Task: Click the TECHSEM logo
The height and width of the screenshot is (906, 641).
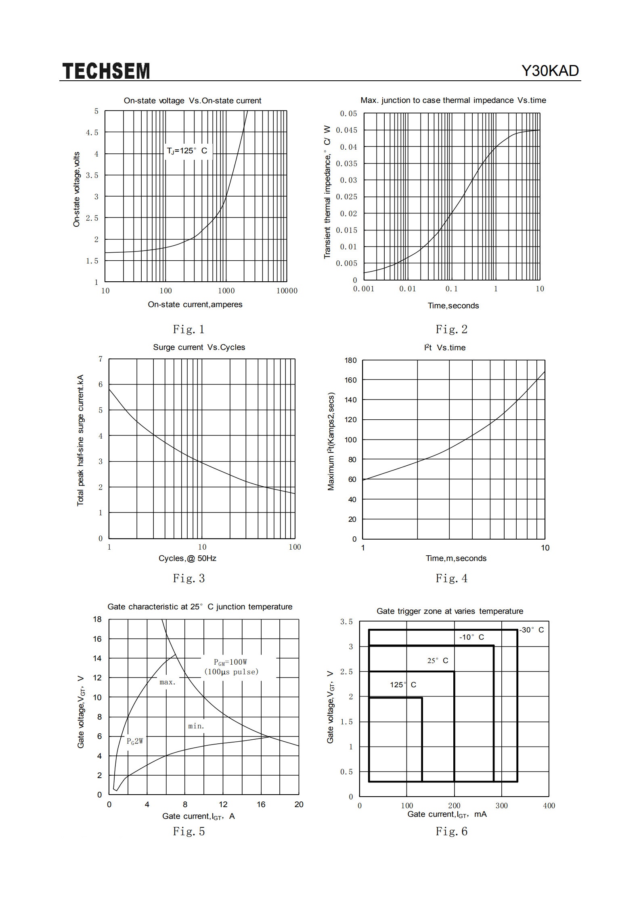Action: click(106, 71)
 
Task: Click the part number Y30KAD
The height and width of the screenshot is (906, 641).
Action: click(550, 71)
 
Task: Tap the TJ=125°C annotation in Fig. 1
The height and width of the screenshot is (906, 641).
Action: click(187, 151)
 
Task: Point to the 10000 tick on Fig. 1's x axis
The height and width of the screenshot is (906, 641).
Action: click(287, 291)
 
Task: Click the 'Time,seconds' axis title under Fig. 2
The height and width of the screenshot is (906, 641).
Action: click(453, 306)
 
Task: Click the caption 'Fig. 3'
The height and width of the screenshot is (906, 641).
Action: click(189, 578)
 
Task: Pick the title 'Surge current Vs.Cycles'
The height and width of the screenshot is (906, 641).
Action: click(199, 347)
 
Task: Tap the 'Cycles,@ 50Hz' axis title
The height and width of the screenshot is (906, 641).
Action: click(187, 559)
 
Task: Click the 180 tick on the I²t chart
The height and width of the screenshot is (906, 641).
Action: click(350, 360)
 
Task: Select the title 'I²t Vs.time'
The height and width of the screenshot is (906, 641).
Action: click(445, 347)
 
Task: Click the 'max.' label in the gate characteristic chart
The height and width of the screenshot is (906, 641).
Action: click(168, 682)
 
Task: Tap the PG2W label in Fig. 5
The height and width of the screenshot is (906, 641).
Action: click(135, 741)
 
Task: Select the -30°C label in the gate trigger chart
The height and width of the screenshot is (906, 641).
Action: click(532, 630)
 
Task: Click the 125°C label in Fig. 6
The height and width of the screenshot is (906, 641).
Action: click(403, 685)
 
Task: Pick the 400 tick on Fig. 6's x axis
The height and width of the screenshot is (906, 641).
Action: click(549, 806)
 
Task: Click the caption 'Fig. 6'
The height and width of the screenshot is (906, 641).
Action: click(451, 831)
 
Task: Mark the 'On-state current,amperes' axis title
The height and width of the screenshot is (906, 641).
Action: click(195, 305)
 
